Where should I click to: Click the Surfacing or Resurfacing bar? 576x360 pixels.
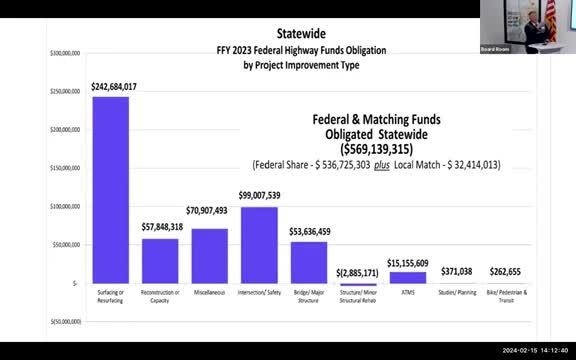pyautogui.click(x=110, y=190)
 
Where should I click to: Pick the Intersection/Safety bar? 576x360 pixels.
pyautogui.click(x=259, y=244)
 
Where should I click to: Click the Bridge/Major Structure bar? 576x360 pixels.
pyautogui.click(x=308, y=262)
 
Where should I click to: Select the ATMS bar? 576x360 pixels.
pyautogui.click(x=407, y=277)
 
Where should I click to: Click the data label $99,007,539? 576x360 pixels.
pyautogui.click(x=259, y=196)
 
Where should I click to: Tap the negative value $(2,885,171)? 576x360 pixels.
pyautogui.click(x=357, y=272)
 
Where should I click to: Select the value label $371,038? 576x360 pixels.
pyautogui.click(x=456, y=271)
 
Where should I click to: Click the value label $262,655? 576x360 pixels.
pyautogui.click(x=505, y=271)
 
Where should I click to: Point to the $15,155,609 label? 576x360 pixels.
pyautogui.click(x=407, y=262)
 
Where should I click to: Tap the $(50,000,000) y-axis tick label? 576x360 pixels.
pyautogui.click(x=66, y=322)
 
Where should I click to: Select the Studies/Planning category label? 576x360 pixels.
pyautogui.click(x=456, y=293)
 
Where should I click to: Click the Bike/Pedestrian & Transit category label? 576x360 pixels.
pyautogui.click(x=505, y=295)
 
